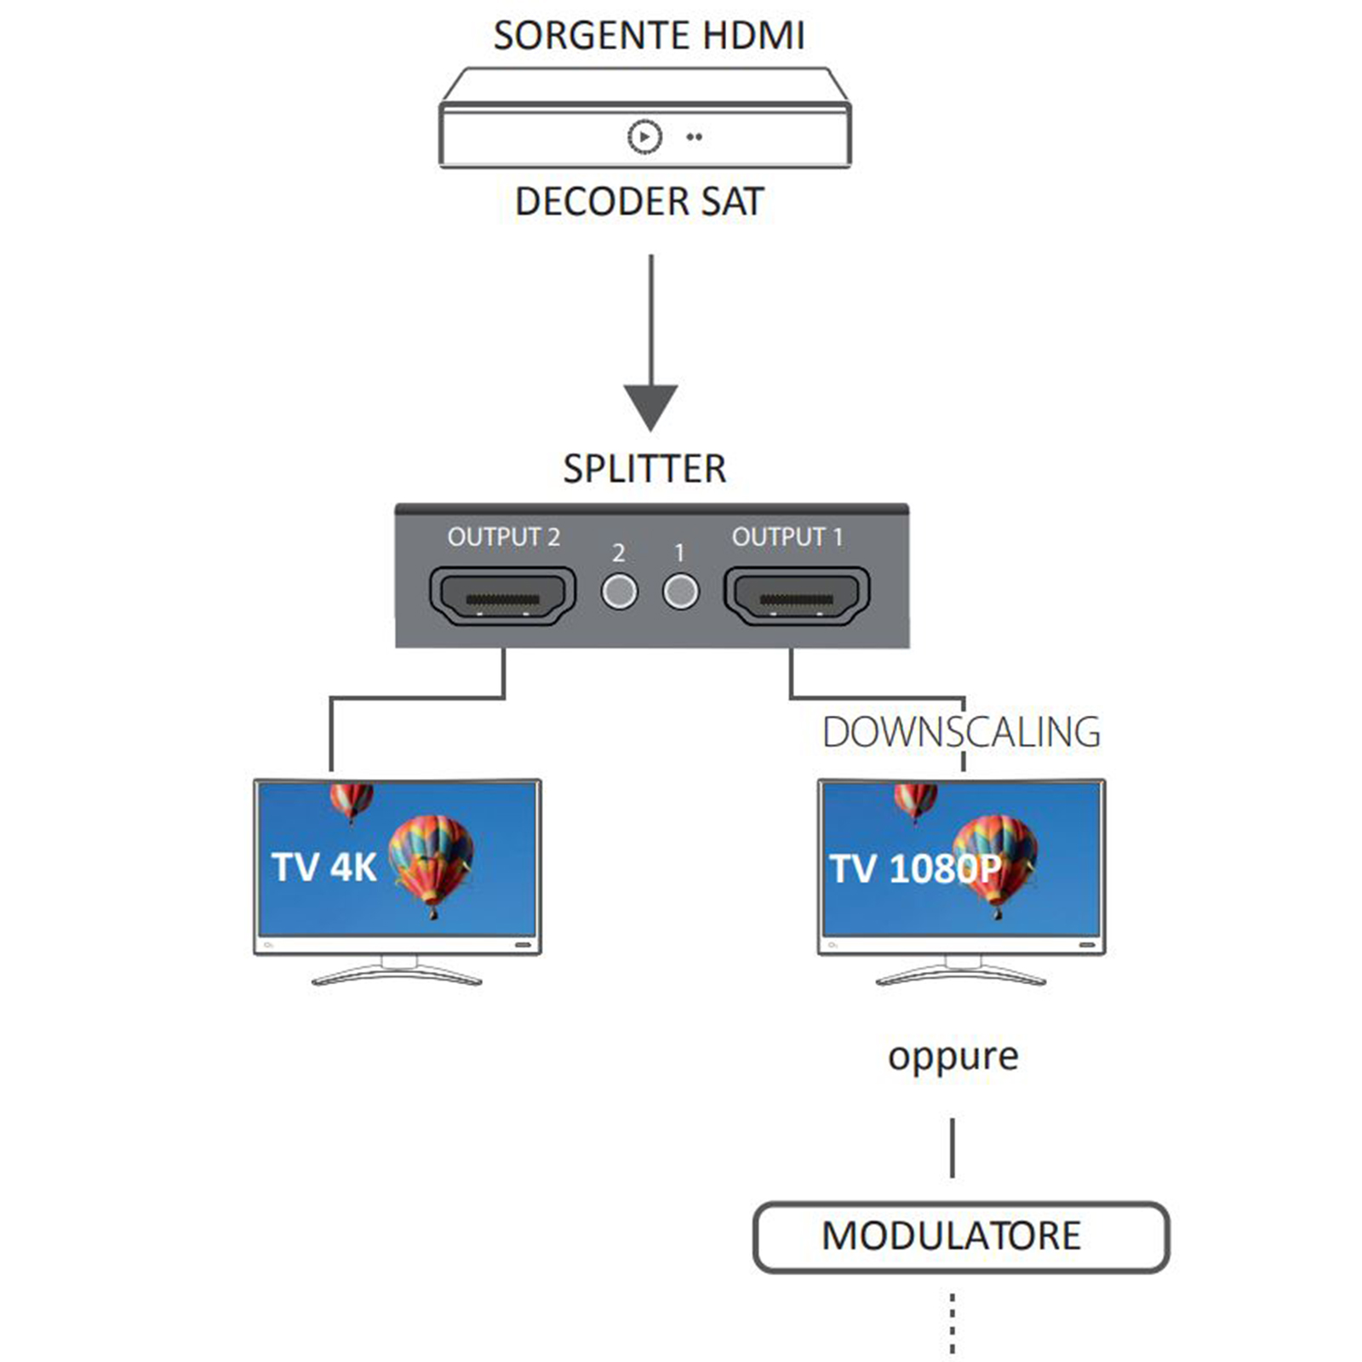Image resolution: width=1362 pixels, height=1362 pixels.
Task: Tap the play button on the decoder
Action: pyautogui.click(x=644, y=136)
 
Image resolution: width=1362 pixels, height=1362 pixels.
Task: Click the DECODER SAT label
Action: pyautogui.click(x=639, y=202)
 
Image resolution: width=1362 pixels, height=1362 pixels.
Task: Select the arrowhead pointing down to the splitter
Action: pyautogui.click(x=651, y=407)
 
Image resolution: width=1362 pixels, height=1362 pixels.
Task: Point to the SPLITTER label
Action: pyautogui.click(x=644, y=469)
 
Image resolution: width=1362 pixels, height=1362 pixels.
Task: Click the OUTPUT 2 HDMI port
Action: pyautogui.click(x=503, y=596)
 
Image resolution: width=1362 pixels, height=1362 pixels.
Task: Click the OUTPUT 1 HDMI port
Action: pyautogui.click(x=797, y=596)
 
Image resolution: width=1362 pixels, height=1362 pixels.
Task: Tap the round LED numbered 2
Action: pyautogui.click(x=619, y=592)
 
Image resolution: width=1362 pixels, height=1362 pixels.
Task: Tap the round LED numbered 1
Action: pyautogui.click(x=680, y=592)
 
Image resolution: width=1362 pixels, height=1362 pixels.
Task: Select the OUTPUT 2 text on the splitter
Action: pyautogui.click(x=503, y=537)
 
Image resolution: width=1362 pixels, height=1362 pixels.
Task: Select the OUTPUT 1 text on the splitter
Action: pyautogui.click(x=787, y=537)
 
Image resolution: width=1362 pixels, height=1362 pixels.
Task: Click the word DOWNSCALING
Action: pyautogui.click(x=961, y=733)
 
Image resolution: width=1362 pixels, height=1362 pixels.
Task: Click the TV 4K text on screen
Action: pyautogui.click(x=323, y=867)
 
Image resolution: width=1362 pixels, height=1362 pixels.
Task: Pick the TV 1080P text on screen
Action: pyautogui.click(x=915, y=869)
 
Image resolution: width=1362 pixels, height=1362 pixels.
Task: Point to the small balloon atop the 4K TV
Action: pyautogui.click(x=352, y=800)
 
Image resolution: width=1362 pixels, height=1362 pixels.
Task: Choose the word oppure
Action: pyautogui.click(x=953, y=1057)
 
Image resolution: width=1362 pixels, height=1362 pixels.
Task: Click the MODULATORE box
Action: pyautogui.click(x=961, y=1237)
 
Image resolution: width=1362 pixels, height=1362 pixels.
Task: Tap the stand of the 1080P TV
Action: pyautogui.click(x=962, y=973)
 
